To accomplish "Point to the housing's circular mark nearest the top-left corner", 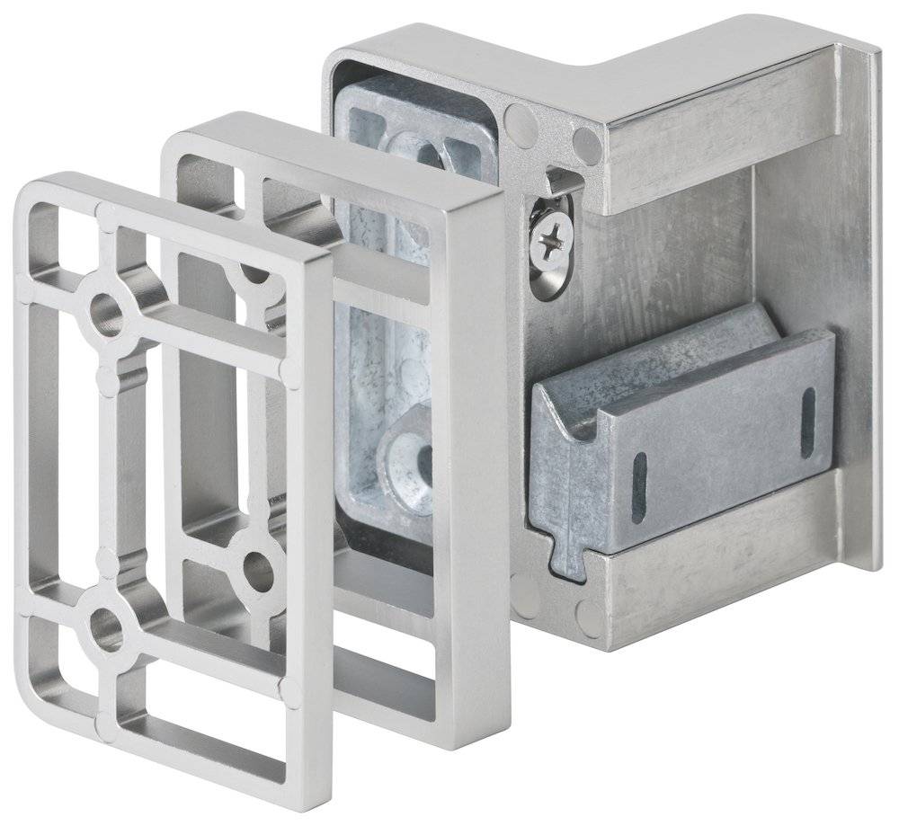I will pos(517,117).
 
